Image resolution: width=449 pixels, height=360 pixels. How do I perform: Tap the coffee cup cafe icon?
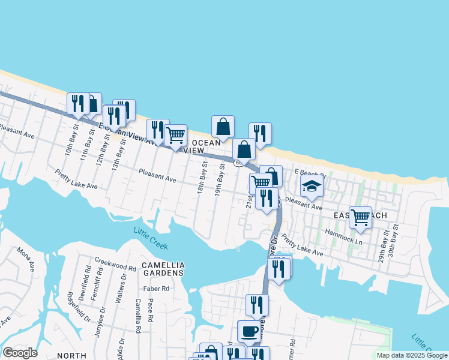click(249, 331)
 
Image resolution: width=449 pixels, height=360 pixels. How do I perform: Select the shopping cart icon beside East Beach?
click(360, 217)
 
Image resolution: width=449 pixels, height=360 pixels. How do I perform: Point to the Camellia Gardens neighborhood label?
click(163, 269)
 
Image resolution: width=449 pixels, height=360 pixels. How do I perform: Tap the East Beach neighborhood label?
click(358, 214)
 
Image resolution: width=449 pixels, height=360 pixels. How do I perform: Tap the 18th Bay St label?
click(202, 178)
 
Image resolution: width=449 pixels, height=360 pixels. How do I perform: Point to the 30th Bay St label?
click(394, 241)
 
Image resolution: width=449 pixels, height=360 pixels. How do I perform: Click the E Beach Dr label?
click(309, 173)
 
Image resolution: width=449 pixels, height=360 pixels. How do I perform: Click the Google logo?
click(20, 353)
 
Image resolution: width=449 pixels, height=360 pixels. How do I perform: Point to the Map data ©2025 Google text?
click(411, 355)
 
